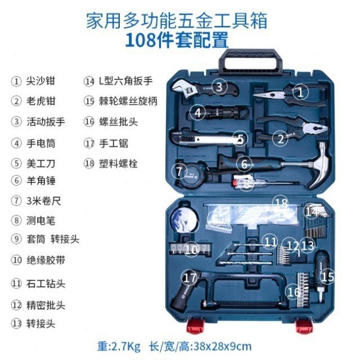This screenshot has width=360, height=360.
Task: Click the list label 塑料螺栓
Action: click(x=118, y=164)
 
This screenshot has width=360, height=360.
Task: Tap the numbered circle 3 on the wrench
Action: click(x=219, y=86)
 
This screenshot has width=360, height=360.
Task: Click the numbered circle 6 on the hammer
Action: click(x=243, y=164)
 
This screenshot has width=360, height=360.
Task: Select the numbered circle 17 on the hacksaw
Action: click(x=191, y=278)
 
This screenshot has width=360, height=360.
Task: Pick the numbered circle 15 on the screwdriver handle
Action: click(x=327, y=276)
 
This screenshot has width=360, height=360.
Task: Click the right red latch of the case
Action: click(x=304, y=326)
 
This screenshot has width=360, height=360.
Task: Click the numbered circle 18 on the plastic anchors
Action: click(x=281, y=203)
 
